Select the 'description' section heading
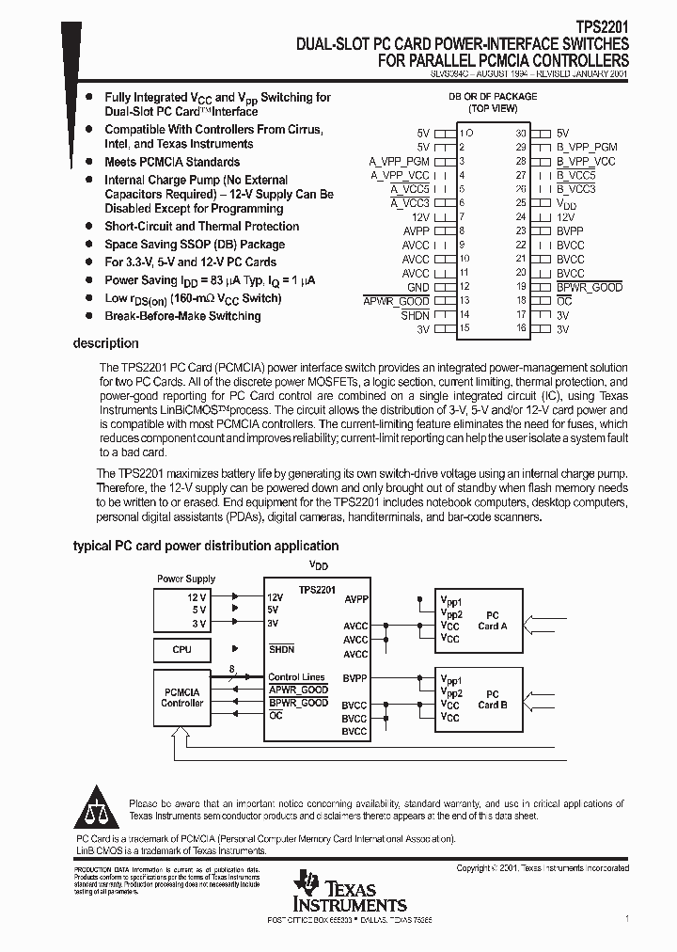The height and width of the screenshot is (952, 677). coord(105,343)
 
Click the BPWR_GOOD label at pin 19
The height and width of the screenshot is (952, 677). coord(589,287)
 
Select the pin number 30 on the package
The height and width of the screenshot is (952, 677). coord(520,133)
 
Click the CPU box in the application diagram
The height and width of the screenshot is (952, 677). coord(182,649)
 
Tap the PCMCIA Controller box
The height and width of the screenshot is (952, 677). coord(182,697)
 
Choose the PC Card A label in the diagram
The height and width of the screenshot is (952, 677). coord(492,620)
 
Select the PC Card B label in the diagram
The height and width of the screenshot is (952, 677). coord(492,699)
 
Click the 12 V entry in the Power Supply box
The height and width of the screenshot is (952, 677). coord(196,597)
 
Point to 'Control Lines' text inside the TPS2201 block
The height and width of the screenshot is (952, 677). coord(296,677)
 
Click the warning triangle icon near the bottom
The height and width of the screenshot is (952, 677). coord(97,810)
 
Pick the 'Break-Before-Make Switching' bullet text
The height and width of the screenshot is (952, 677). coord(182,316)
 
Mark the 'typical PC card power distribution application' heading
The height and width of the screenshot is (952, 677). coord(206,546)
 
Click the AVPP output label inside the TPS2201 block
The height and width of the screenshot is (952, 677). coord(356,598)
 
